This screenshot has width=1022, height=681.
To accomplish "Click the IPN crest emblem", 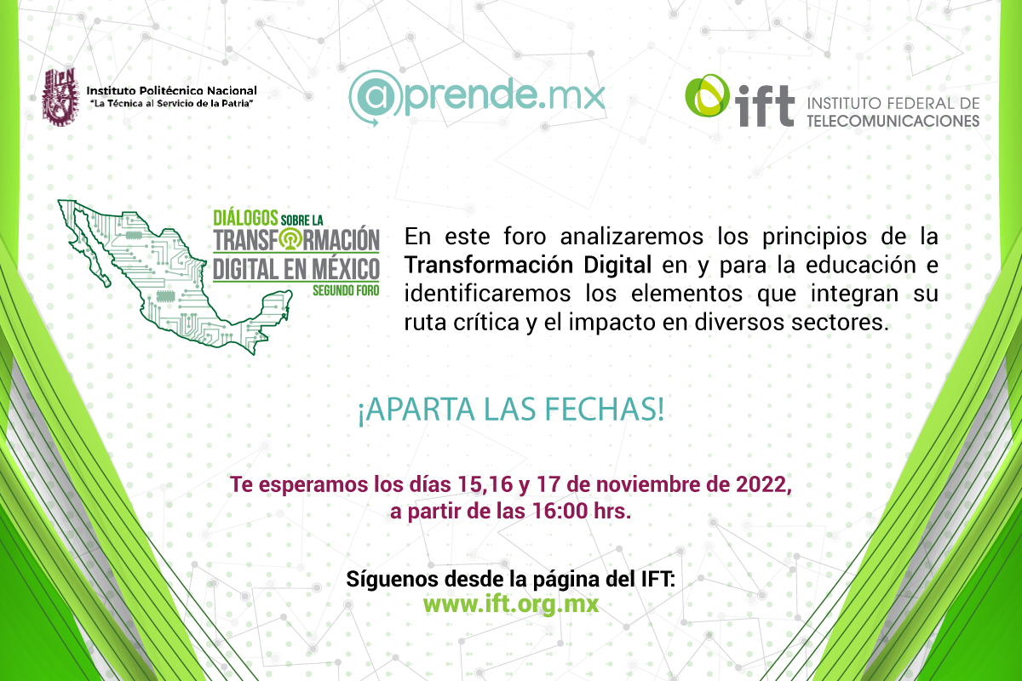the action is [x=60, y=97].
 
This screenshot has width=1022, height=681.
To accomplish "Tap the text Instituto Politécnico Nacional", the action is [x=171, y=90].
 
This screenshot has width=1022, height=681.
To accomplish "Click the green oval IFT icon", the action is [x=707, y=95].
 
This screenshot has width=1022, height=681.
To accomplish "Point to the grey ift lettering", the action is [x=764, y=106].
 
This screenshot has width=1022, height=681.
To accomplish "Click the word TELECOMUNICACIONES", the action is [x=893, y=120].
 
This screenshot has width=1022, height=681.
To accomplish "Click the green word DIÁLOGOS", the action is [x=245, y=218].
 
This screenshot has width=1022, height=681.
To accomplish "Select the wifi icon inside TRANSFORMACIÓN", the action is [x=290, y=239].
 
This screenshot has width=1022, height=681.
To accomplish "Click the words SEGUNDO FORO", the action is [x=346, y=290].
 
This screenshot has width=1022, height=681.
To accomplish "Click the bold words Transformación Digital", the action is [x=528, y=265].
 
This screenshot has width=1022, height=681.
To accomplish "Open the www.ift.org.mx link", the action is [x=510, y=604].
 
